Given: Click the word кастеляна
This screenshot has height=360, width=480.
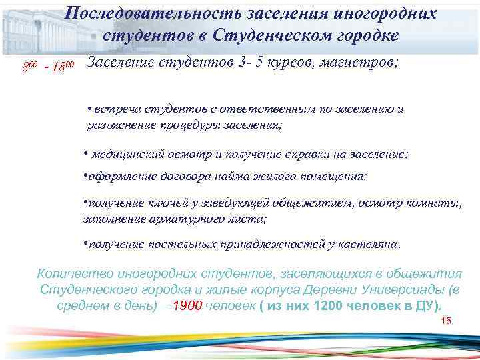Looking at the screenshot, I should coord(369,244).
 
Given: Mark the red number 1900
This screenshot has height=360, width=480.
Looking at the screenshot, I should coord(187,306).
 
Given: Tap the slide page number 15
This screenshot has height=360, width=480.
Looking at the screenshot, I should coord(446,321).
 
